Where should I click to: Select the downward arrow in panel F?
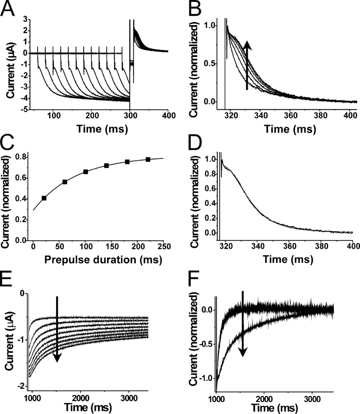click(244, 329)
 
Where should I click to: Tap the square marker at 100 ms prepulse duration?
click(86, 172)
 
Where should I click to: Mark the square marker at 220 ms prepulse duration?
click(148, 159)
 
